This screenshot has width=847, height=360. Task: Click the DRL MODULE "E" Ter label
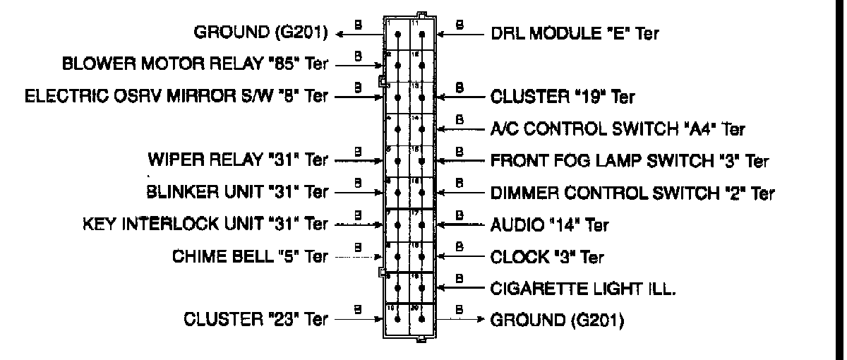pyautogui.click(x=575, y=32)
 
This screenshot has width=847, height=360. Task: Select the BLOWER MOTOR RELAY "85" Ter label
pyautogui.click(x=196, y=64)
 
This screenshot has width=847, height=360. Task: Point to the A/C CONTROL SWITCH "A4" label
pyautogui.click(x=618, y=129)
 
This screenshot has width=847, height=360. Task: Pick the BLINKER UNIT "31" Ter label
pyautogui.click(x=238, y=191)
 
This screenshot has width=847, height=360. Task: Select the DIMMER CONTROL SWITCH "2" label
pyautogui.click(x=632, y=192)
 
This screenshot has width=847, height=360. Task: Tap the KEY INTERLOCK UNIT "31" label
pyautogui.click(x=205, y=224)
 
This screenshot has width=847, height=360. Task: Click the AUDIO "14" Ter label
pyautogui.click(x=549, y=225)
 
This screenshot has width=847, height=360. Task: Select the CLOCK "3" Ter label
pyautogui.click(x=547, y=257)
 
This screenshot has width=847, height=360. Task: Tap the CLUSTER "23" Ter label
pyautogui.click(x=256, y=320)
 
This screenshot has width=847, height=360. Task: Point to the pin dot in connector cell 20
pyautogui.click(x=421, y=319)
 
